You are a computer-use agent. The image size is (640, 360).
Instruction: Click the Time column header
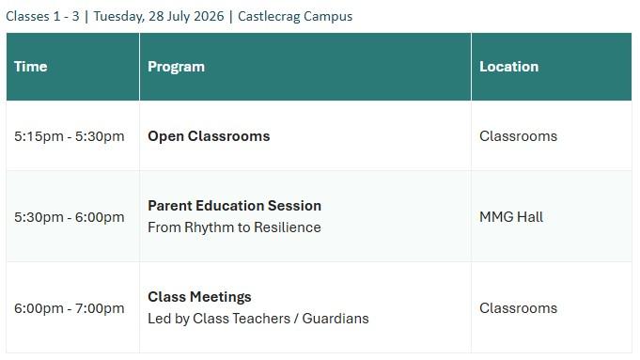click(31, 67)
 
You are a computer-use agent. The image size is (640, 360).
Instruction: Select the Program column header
click(176, 67)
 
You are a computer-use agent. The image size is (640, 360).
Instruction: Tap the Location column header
click(509, 67)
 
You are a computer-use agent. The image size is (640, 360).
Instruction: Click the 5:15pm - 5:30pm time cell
click(70, 136)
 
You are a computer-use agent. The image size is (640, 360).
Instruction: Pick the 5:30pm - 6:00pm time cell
click(70, 217)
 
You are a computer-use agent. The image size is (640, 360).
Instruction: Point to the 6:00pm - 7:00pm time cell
click(70, 308)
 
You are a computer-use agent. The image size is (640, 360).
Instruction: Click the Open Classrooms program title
click(209, 136)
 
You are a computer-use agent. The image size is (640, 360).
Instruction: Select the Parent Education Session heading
click(234, 206)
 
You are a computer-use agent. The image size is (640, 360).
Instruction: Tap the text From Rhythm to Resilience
click(234, 227)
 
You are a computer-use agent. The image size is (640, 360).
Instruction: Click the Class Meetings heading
click(199, 297)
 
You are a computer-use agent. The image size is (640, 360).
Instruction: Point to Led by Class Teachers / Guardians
click(258, 319)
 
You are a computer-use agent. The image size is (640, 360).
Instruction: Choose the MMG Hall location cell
click(511, 217)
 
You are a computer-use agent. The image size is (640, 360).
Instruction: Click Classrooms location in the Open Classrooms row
click(518, 136)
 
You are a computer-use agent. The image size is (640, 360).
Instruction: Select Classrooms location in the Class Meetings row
click(518, 308)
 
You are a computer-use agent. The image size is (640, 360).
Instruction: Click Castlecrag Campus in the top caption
click(295, 16)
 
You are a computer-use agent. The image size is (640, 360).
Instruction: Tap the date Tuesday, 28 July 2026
click(159, 16)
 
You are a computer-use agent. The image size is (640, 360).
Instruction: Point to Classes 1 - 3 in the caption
click(42, 16)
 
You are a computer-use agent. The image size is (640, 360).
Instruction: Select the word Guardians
click(336, 319)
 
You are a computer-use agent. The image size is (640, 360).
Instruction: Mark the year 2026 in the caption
click(209, 16)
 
